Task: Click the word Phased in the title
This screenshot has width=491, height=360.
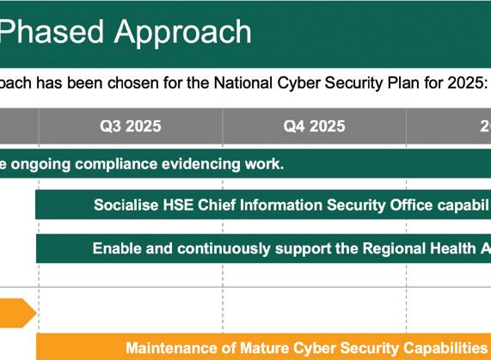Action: coord(52,31)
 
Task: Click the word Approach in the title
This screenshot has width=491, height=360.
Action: coord(183,34)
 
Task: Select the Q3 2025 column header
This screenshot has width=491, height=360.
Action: coord(130,126)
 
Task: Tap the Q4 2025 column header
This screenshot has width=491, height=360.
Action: coord(314,126)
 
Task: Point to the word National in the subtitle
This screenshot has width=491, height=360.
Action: coord(243,83)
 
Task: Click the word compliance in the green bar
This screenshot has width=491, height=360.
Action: coord(116,164)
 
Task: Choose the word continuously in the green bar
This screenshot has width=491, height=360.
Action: coord(224,249)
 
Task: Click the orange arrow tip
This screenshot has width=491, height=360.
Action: coord(37,313)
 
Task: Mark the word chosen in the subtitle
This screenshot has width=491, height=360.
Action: coord(132,83)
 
